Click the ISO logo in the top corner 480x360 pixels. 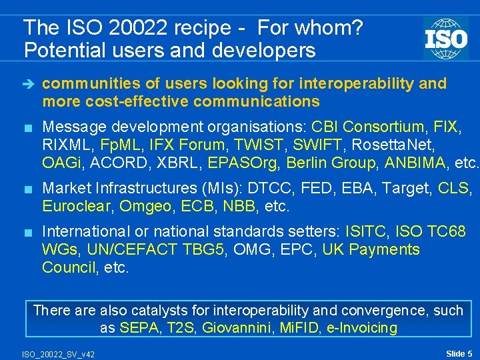pyautogui.click(x=445, y=38)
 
